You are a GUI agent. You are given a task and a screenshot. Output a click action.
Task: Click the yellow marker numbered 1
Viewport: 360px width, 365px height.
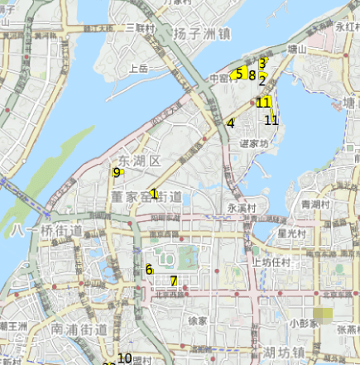click(154, 193)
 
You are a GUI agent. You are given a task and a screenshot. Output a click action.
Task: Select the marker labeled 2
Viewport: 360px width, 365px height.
click(262, 80)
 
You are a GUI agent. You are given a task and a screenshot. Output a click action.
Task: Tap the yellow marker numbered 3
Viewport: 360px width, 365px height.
click(262, 63)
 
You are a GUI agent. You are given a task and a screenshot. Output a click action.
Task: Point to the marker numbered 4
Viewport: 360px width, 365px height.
click(231, 123)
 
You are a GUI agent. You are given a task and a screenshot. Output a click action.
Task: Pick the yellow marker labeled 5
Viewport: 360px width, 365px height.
click(239, 74)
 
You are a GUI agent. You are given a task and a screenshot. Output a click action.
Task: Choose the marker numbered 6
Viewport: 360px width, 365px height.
click(149, 269)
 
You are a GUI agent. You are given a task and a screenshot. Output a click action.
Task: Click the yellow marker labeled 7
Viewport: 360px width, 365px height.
click(173, 281)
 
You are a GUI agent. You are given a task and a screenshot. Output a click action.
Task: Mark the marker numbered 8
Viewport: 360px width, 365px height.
click(252, 75)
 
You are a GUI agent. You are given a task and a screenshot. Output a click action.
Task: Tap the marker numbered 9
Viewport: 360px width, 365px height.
click(116, 172)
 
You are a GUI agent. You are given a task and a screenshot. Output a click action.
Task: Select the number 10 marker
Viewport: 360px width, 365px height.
click(125, 358)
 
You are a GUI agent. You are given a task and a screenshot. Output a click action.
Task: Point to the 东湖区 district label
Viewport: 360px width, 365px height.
click(138, 160)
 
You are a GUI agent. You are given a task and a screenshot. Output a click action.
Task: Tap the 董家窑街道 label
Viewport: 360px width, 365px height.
click(145, 195)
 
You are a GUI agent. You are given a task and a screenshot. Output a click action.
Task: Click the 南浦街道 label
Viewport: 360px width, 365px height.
click(79, 329)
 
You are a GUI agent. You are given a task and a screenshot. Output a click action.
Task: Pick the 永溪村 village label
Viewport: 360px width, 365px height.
click(242, 209)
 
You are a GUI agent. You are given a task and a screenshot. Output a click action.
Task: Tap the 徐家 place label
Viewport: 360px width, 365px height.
click(198, 319)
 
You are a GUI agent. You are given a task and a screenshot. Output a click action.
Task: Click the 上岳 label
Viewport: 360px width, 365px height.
click(138, 69)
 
